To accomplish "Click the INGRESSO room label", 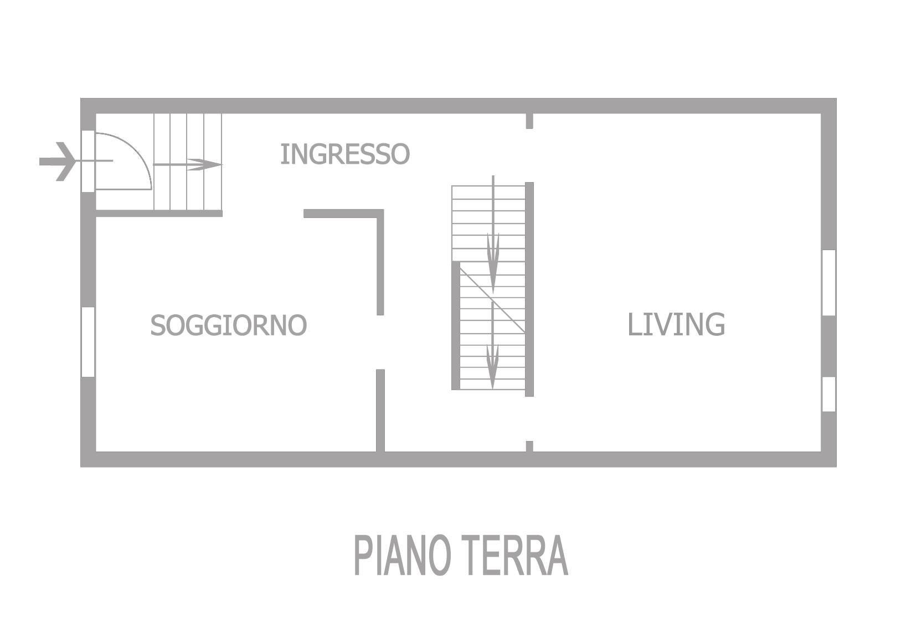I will [x=344, y=154].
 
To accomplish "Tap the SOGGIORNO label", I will [x=228, y=325].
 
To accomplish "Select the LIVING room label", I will [x=676, y=324].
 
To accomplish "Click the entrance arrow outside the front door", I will [x=58, y=162].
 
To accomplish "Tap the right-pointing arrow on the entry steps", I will [x=188, y=164].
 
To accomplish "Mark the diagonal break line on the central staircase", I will [x=492, y=299].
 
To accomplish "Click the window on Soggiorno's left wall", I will [x=88, y=341].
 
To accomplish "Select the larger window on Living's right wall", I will [x=828, y=283].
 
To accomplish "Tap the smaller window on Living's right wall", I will [x=828, y=394].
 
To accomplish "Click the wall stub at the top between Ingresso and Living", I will [x=529, y=121].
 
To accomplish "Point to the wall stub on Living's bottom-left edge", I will [x=529, y=446].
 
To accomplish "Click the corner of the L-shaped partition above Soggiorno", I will [x=380, y=214].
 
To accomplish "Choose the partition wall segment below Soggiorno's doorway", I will [x=380, y=411].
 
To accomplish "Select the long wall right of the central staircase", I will [x=529, y=289].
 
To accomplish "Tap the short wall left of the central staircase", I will [x=456, y=325].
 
